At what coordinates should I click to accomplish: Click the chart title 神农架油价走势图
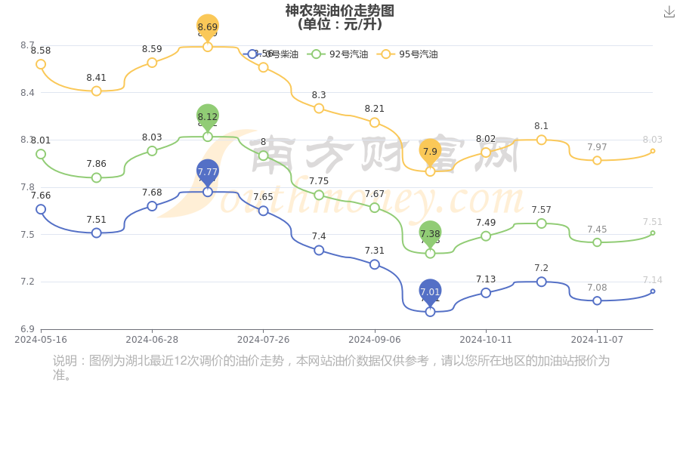click(x=339, y=11)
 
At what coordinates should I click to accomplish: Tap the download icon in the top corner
click(x=669, y=11)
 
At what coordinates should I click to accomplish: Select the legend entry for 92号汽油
click(x=339, y=54)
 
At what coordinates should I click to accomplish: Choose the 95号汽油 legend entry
click(x=409, y=54)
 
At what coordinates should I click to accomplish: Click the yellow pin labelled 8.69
click(x=208, y=26)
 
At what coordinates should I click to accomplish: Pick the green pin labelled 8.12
click(x=208, y=116)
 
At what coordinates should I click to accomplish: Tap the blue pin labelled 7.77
click(x=208, y=171)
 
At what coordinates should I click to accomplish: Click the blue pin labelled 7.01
click(x=430, y=291)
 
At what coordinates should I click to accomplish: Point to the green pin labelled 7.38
click(x=430, y=233)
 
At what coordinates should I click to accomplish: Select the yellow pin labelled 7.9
click(x=430, y=151)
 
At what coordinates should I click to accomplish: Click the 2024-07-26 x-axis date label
click(x=263, y=340)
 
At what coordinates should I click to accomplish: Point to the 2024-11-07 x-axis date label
click(x=597, y=340)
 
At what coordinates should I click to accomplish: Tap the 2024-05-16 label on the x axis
click(x=41, y=340)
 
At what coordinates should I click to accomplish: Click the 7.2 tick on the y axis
click(x=27, y=282)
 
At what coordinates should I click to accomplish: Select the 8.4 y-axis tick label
click(x=27, y=93)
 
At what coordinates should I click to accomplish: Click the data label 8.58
click(x=41, y=51)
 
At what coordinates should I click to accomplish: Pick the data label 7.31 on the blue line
click(x=375, y=251)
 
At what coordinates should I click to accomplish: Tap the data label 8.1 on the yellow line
click(x=542, y=126)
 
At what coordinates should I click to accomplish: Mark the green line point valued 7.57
click(x=542, y=223)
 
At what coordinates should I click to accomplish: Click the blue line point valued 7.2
click(x=542, y=282)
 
